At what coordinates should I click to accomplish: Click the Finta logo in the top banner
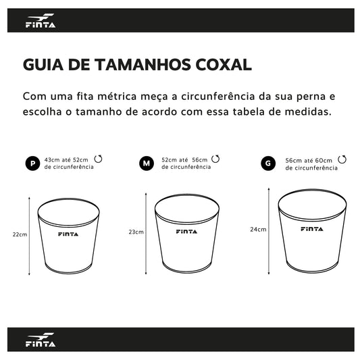pos(41,20)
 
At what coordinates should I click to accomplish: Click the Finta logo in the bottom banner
pos(41,339)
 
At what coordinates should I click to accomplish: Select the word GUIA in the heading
pos(43,65)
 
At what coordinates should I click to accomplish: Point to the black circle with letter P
pos(32,163)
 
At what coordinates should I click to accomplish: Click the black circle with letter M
pos(147,163)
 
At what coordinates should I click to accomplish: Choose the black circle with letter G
pos(268,163)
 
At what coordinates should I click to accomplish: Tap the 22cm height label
pos(20,234)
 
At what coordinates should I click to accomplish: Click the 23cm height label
pos(136,232)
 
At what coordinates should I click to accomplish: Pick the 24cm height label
pos(258,230)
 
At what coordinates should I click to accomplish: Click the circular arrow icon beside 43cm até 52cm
pos(98,159)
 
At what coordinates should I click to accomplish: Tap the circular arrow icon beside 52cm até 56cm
pos(215,159)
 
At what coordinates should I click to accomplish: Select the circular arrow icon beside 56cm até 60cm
pos(342,159)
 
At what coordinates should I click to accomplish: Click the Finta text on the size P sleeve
pos(68,234)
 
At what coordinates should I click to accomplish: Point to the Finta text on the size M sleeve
pos(186,232)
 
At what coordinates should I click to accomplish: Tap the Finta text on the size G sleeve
pos(312,229)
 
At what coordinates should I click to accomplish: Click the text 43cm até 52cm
pos(66,160)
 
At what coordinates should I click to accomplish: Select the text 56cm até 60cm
pos(309,161)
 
